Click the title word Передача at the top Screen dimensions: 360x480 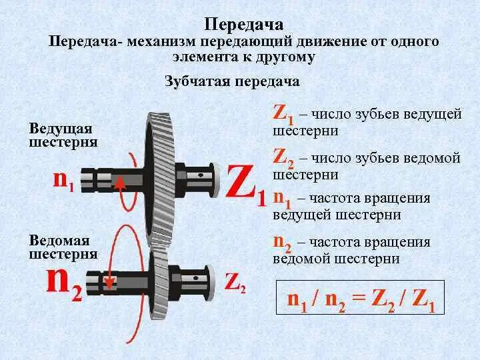[x=239, y=24]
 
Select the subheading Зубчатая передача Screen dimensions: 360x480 [x=232, y=82]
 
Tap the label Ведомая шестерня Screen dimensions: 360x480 [x=63, y=247]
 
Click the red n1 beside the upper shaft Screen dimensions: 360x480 [x=63, y=180]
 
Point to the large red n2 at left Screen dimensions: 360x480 [x=64, y=285]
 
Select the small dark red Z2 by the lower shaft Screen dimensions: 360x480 [x=235, y=282]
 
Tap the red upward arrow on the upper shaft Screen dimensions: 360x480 [x=121, y=183]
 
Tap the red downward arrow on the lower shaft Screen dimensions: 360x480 [x=111, y=283]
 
